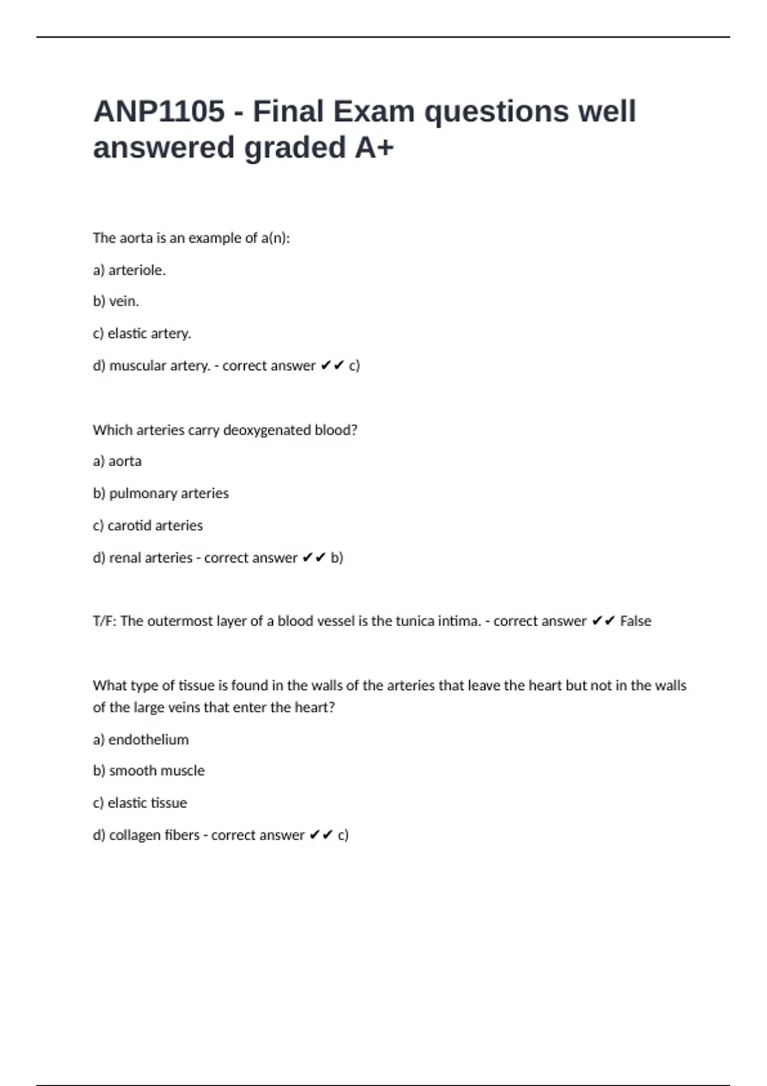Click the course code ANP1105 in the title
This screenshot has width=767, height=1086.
click(x=159, y=112)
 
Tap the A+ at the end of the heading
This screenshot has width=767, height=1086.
click(x=374, y=148)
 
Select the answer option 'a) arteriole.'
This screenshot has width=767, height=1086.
click(x=129, y=270)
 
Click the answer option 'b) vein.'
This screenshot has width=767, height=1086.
click(x=116, y=302)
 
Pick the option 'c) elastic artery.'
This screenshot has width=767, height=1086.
click(x=142, y=333)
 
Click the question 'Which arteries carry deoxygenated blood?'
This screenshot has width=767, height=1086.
click(x=225, y=430)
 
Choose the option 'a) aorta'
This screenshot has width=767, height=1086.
click(x=117, y=461)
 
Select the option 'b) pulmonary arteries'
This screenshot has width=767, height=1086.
click(x=160, y=493)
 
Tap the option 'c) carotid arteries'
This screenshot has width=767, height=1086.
click(x=148, y=526)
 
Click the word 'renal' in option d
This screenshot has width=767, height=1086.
click(x=123, y=558)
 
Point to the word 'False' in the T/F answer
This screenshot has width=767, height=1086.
click(x=635, y=621)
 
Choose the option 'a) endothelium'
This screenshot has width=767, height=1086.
click(x=141, y=740)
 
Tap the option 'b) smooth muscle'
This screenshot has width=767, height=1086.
click(x=148, y=771)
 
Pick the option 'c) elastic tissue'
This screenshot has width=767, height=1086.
click(x=140, y=803)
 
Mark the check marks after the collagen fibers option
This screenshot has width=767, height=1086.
click(x=321, y=836)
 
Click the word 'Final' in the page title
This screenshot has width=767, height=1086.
click(x=288, y=112)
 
